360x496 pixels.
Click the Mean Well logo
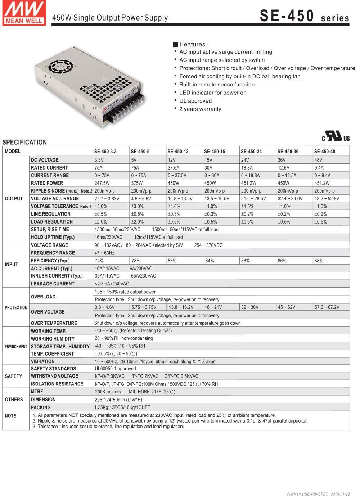point(24,13)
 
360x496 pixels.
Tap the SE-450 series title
point(304,16)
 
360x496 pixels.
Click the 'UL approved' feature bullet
point(195,101)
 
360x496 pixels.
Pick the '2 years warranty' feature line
point(200,109)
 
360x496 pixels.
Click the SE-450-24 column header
point(251,152)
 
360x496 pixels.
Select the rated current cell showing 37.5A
point(174,168)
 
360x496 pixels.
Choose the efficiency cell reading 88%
point(319,261)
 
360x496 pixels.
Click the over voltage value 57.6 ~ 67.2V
point(327,307)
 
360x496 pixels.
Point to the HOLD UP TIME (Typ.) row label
point(53,237)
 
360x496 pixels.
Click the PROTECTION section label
point(16,308)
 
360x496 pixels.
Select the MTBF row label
point(37,392)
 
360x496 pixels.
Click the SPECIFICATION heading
point(24,142)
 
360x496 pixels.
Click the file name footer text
point(318,494)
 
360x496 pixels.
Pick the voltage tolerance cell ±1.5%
point(247,206)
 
